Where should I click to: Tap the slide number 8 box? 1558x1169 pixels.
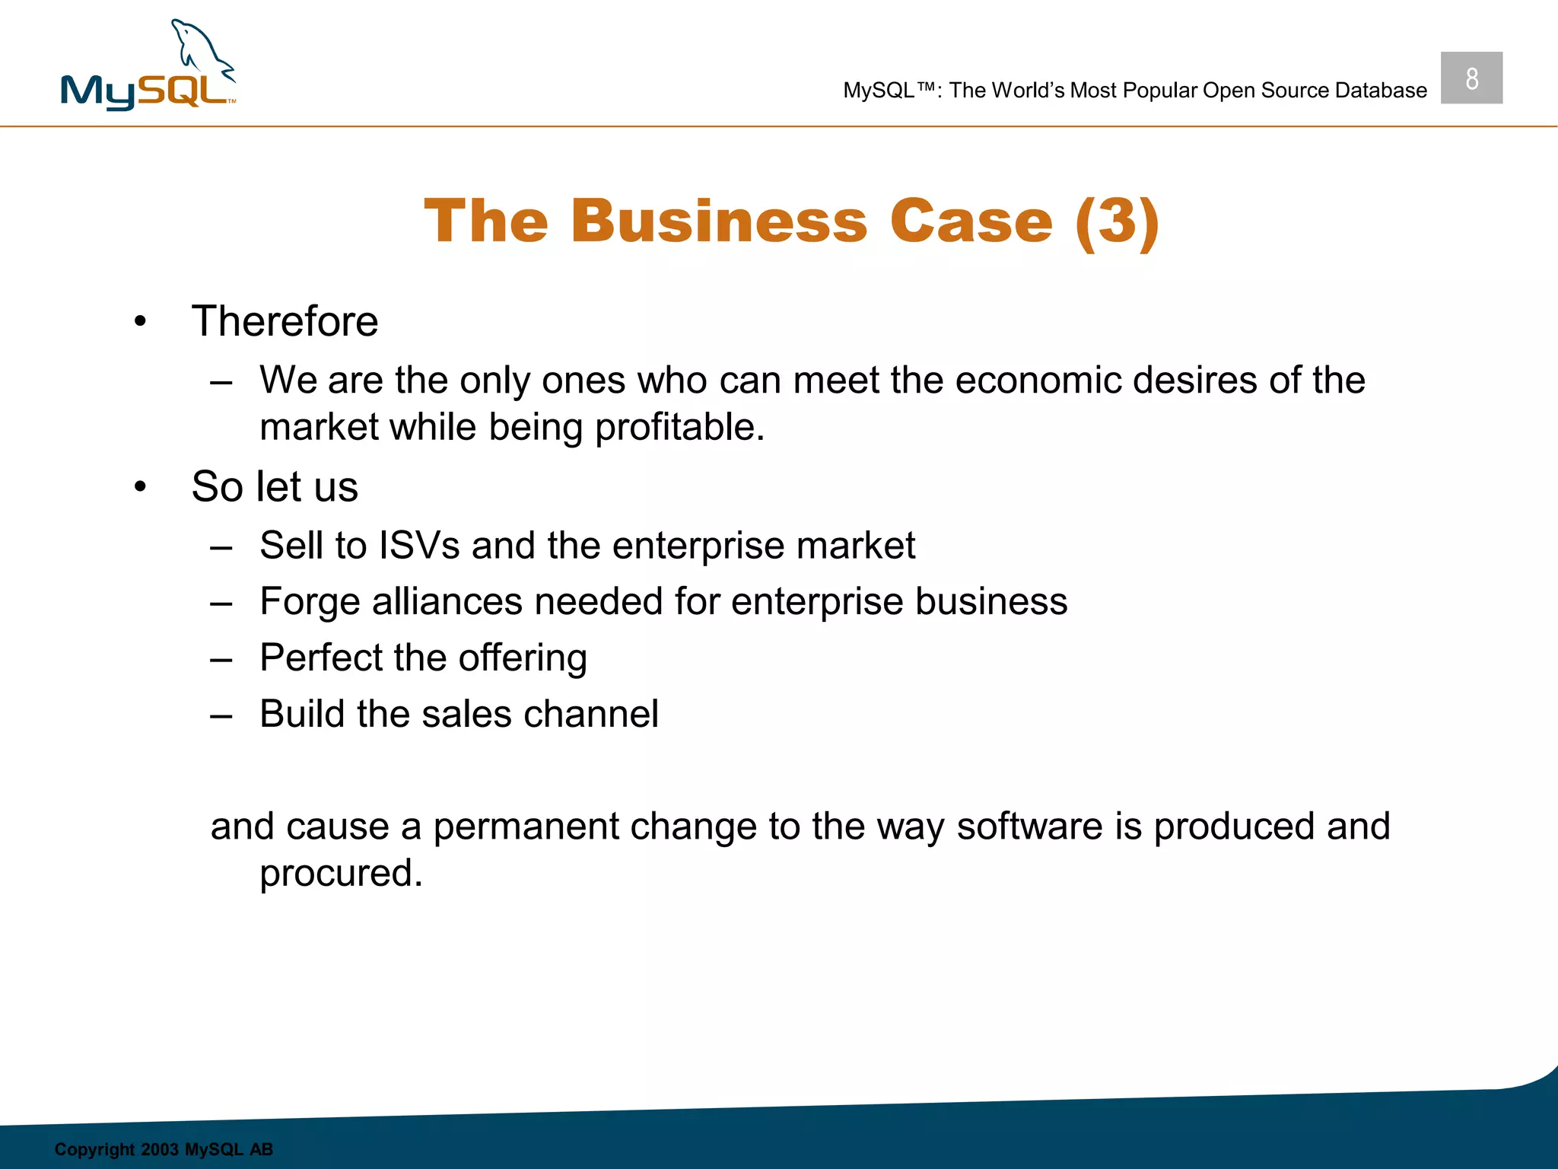tap(1471, 78)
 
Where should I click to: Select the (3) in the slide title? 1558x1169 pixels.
tap(1117, 221)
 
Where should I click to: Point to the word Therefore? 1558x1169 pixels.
tap(285, 321)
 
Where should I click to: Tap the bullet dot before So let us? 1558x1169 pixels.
tap(140, 487)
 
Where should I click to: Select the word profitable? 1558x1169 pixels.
tap(679, 428)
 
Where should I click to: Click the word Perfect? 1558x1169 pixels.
tap(321, 658)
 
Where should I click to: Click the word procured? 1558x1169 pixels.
tap(341, 874)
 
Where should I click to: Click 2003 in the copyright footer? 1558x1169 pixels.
tap(159, 1149)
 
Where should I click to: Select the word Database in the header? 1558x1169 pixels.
tap(1381, 91)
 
